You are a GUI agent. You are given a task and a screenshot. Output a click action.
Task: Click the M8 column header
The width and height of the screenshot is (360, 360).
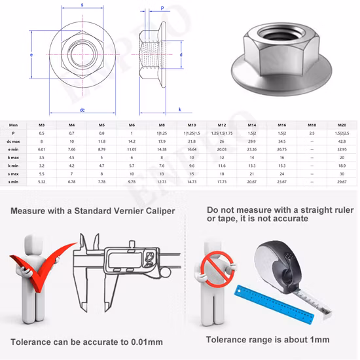pyautogui.click(x=162, y=124)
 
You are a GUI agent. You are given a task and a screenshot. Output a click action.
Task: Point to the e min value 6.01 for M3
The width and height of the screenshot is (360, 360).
pyautogui.click(x=42, y=149)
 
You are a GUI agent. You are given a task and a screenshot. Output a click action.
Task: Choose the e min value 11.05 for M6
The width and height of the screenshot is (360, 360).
pyautogui.click(x=132, y=149)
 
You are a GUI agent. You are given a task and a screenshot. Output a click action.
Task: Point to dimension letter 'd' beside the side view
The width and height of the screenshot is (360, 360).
pyautogui.click(x=181, y=55)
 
